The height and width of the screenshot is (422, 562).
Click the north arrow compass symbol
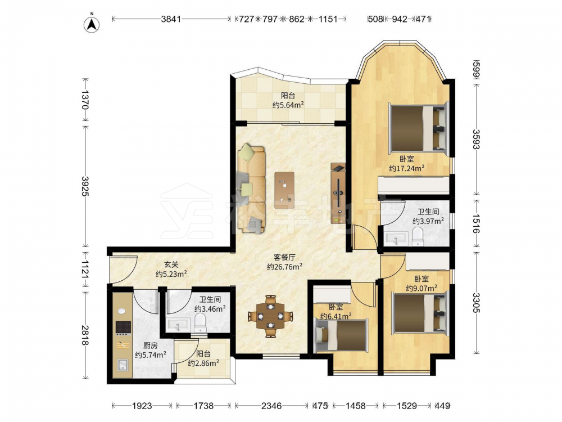click(92, 25)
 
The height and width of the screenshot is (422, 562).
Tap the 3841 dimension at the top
click(171, 19)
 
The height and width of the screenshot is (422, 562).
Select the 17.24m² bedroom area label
click(407, 168)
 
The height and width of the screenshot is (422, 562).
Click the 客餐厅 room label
click(284, 257)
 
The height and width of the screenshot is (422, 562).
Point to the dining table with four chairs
click(271, 316)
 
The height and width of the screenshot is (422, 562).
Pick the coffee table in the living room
click(284, 190)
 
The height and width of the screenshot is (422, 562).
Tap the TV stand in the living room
click(338, 193)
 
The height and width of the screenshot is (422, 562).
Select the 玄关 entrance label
click(171, 264)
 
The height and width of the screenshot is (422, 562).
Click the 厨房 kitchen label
click(150, 345)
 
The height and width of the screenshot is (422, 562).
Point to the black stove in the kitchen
click(123, 327)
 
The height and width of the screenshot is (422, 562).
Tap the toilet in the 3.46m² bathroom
click(200, 322)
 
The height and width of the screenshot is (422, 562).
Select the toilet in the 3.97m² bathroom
click(418, 237)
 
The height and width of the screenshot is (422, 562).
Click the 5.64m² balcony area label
click(288, 105)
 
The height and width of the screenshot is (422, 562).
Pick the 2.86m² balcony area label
click(203, 363)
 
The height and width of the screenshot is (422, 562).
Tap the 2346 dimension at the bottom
click(271, 406)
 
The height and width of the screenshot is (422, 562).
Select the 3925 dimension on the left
click(85, 186)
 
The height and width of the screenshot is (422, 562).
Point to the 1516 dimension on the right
click(475, 224)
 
